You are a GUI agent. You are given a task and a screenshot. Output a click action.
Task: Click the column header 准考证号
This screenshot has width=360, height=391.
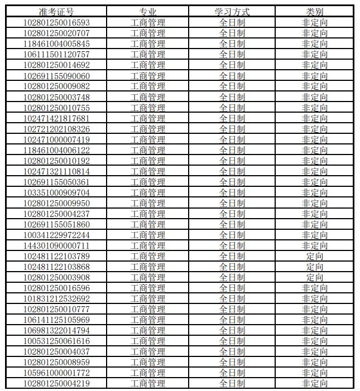[x=56, y=12]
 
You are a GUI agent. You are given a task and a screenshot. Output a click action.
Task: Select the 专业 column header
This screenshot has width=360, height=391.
[x=148, y=12]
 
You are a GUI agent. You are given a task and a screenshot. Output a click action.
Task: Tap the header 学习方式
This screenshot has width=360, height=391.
[x=232, y=12]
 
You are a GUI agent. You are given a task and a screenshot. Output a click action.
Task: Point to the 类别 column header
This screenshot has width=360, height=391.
[x=315, y=12]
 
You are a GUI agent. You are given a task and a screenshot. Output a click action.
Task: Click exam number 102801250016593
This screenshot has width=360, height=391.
[x=56, y=22]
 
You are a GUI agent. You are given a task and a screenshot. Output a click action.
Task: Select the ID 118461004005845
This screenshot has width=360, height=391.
[x=56, y=44]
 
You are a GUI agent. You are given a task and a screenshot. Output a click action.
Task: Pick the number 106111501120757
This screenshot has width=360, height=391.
[x=56, y=54]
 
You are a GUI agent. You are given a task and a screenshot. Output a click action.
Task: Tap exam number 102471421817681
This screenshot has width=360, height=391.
[x=56, y=118]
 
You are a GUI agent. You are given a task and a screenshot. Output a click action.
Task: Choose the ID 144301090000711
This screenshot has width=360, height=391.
[x=56, y=245]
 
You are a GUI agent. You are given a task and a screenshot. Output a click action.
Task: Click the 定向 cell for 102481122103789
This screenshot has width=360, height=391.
[x=315, y=256]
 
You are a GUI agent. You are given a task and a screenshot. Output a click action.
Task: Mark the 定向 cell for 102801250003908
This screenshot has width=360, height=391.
[x=315, y=277]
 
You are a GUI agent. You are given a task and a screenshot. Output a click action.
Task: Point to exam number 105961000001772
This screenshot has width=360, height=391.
[x=56, y=373]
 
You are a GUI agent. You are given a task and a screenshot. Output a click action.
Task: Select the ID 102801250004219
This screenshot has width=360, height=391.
[x=56, y=383]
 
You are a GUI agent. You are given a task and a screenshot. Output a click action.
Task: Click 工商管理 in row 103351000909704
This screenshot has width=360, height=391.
[x=148, y=192]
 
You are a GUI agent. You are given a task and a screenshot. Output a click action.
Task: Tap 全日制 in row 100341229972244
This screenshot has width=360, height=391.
[x=232, y=235]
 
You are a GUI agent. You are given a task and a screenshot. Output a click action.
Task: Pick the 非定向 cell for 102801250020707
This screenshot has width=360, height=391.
[x=315, y=33]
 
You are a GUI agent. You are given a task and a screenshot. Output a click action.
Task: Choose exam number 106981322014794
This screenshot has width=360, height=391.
[x=56, y=330]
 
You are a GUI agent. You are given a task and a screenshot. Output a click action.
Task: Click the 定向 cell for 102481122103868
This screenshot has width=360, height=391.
[x=315, y=267]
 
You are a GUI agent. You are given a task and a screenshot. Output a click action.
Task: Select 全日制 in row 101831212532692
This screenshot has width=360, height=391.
[x=232, y=298]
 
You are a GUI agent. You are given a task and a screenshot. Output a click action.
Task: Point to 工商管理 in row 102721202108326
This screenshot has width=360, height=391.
[x=148, y=129]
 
